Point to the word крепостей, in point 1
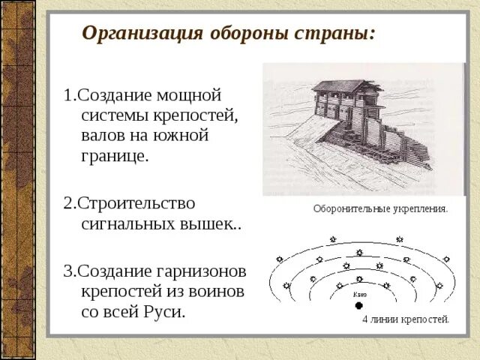(196, 116)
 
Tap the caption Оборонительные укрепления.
(380, 209)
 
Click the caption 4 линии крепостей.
(406, 319)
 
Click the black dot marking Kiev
(358, 305)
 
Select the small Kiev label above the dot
(359, 294)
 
